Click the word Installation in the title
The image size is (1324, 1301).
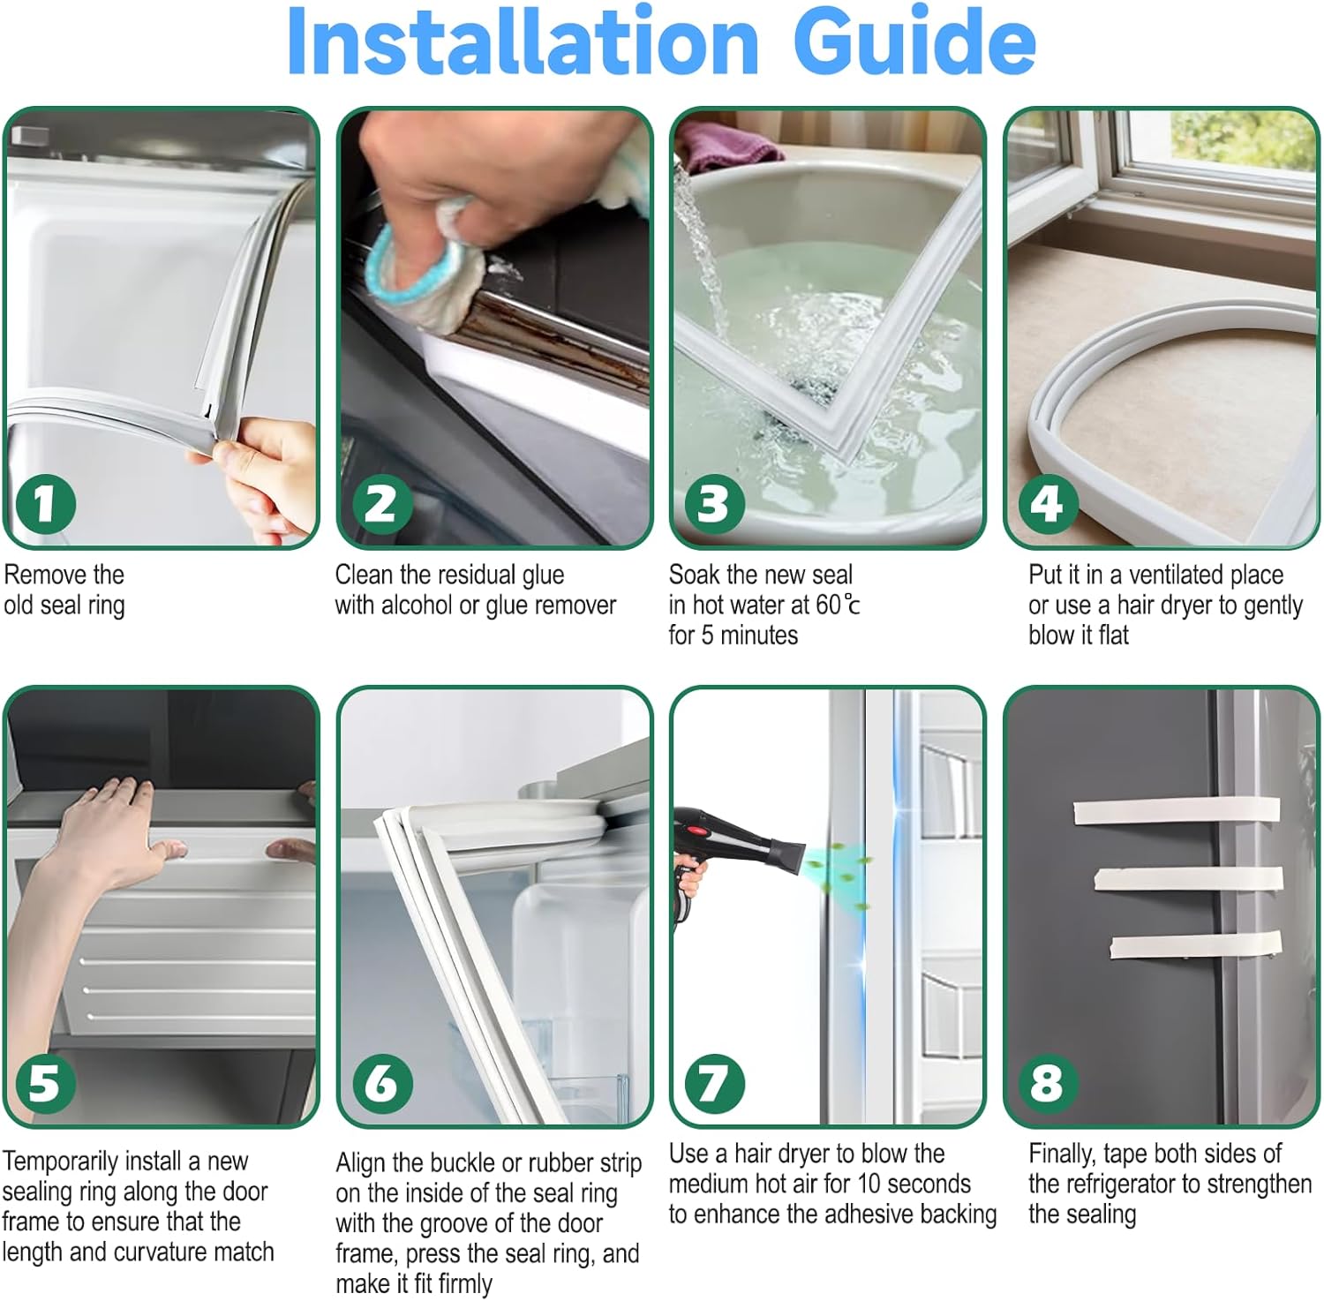(x=523, y=41)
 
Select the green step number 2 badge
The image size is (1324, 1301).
(x=381, y=504)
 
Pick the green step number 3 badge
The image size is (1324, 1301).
(x=714, y=504)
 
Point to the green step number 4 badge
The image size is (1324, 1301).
(x=1048, y=504)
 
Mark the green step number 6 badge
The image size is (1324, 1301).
(x=381, y=1083)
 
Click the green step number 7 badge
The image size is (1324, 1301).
(x=714, y=1083)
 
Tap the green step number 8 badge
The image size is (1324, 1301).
(x=1048, y=1083)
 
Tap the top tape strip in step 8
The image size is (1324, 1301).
(x=1177, y=811)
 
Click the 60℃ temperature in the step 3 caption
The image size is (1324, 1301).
(x=838, y=605)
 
